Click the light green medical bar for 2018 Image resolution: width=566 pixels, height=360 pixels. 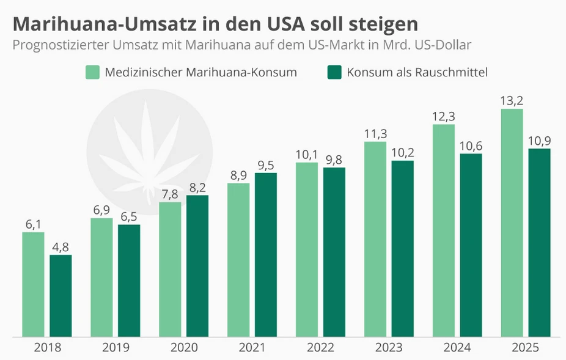[33, 284]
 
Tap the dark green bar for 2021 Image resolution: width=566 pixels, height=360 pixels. [266, 254]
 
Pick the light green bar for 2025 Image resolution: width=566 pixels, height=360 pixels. [512, 222]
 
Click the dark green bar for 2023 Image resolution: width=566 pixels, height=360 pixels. [403, 248]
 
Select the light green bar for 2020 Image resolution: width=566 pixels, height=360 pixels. [170, 269]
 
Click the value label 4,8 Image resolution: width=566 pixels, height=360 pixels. [61, 247]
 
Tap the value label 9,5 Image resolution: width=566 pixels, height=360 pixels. [266, 164]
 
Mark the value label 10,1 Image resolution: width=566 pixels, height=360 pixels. [307, 154]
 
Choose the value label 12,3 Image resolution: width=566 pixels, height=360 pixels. [444, 116]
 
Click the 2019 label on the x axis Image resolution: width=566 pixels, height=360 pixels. [116, 348]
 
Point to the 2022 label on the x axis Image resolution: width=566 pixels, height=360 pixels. [320, 348]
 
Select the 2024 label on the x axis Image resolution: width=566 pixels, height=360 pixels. [457, 348]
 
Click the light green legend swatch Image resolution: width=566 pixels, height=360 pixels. [92, 72]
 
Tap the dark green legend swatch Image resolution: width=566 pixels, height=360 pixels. [334, 72]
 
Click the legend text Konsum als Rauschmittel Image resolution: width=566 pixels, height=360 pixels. [417, 72]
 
